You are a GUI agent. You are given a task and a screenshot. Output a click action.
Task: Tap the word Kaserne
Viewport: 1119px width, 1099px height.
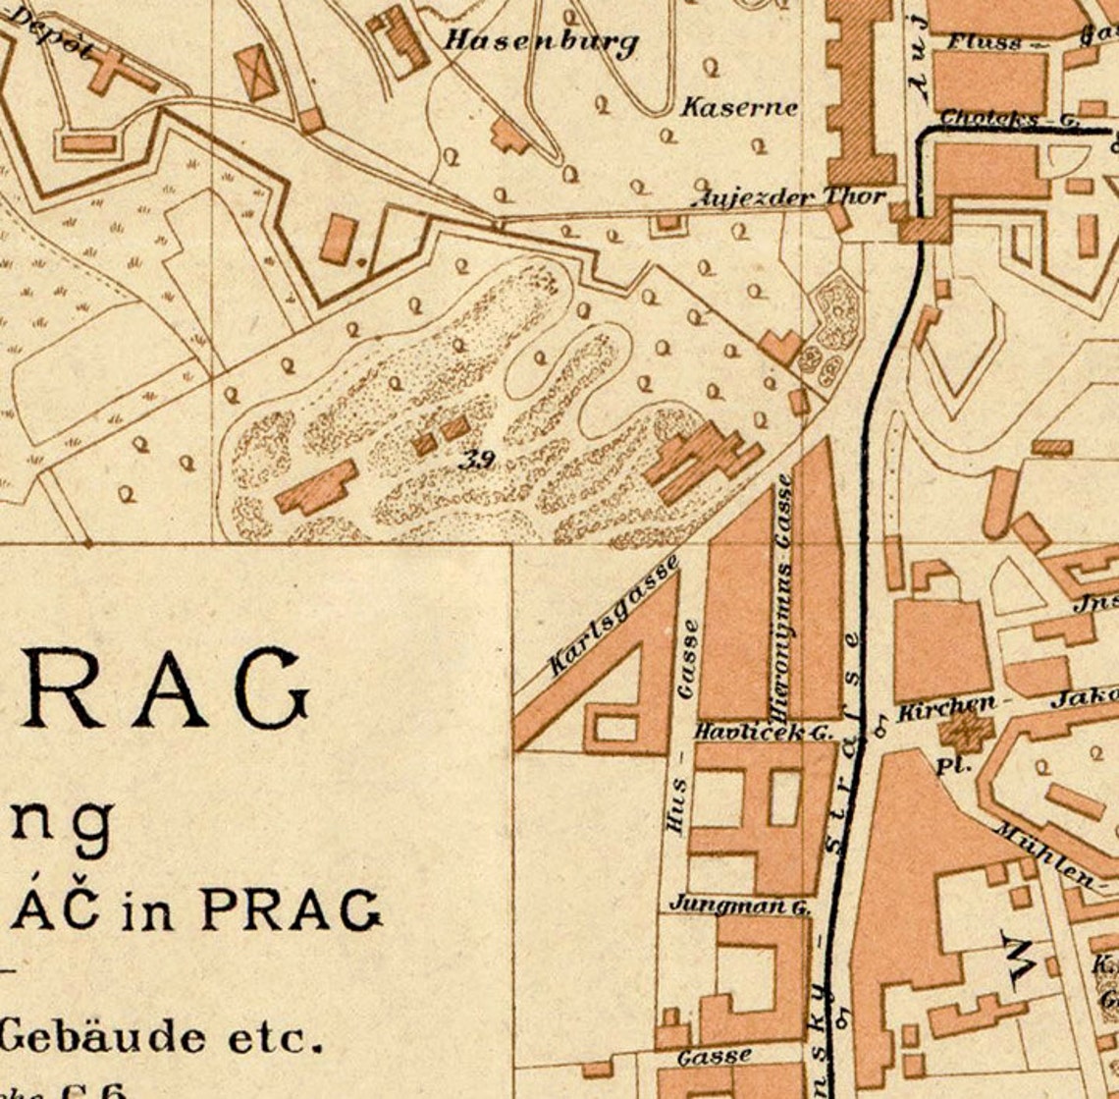click(739, 107)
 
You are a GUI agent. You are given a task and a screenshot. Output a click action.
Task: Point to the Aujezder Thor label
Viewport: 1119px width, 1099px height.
click(789, 197)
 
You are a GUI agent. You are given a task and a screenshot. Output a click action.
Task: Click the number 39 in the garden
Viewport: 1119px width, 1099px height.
click(477, 458)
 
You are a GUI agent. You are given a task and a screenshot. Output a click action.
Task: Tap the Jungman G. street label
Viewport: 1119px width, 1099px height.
click(741, 905)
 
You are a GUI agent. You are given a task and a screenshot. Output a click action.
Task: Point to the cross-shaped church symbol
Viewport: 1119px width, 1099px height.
click(964, 733)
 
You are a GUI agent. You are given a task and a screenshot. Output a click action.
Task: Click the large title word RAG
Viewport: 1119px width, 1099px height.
click(157, 687)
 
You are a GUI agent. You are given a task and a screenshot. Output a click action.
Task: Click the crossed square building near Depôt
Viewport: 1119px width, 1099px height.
click(257, 72)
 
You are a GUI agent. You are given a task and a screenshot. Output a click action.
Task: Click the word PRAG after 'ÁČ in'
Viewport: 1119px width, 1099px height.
click(291, 909)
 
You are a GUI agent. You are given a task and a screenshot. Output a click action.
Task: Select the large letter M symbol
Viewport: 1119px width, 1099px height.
click(1017, 956)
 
